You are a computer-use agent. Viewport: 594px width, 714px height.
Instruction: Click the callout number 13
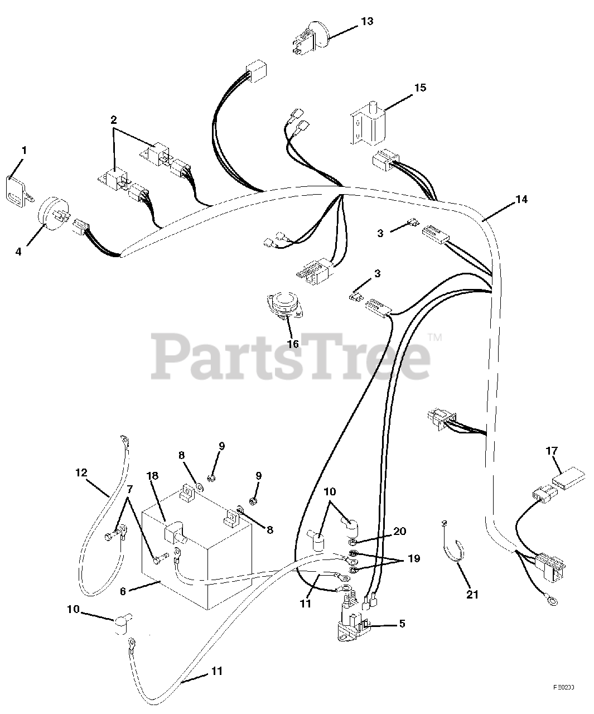tap(366, 21)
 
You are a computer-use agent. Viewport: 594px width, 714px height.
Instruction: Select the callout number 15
tap(419, 88)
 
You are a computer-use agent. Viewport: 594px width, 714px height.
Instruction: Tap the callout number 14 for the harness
tap(521, 199)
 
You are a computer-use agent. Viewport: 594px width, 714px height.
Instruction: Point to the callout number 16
tap(293, 344)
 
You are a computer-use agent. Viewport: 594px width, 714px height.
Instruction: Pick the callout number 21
tap(472, 595)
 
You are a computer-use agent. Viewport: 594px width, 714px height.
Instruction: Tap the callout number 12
tap(81, 472)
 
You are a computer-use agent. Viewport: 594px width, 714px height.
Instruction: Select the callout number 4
tap(18, 252)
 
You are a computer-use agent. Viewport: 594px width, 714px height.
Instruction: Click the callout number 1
tap(24, 150)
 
